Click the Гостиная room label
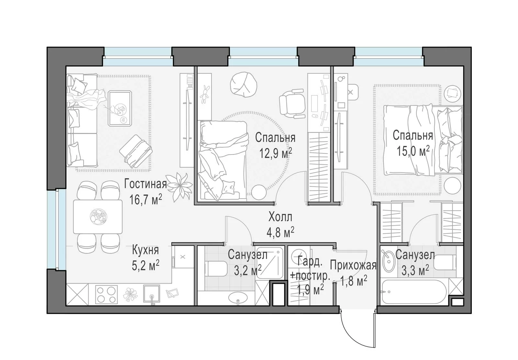[x=145, y=184]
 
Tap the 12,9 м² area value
[x=276, y=153]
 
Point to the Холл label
[x=280, y=217]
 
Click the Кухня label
[x=145, y=250]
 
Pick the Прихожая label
[x=353, y=266]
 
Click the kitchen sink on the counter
[x=152, y=294]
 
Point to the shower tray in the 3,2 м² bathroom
[x=270, y=263]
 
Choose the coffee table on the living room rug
[x=120, y=108]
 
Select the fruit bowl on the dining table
[x=98, y=216]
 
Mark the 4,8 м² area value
[x=280, y=233]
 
